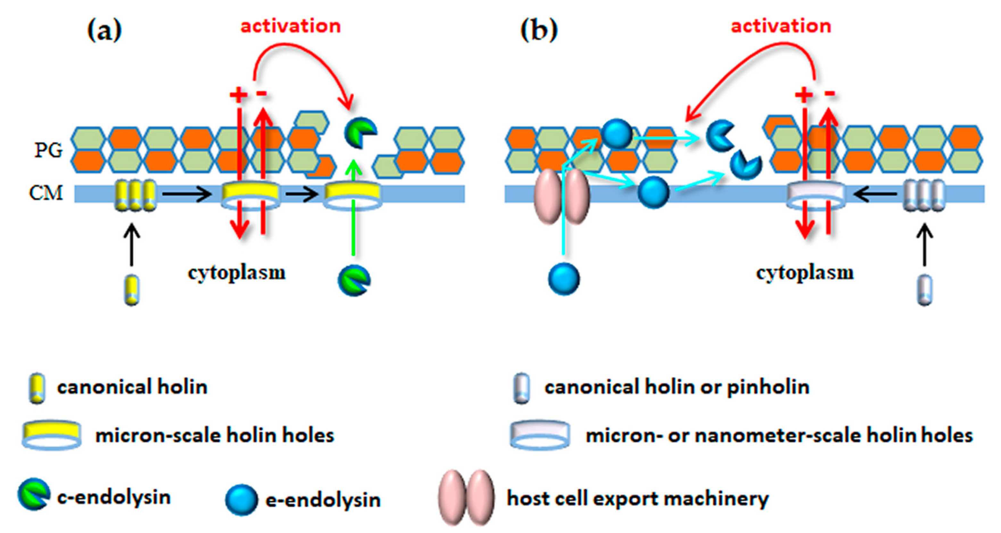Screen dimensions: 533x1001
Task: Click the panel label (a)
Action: [104, 30]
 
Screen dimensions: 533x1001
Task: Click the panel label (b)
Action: [539, 30]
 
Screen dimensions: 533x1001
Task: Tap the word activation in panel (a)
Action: [290, 26]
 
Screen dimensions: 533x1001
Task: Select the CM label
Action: [46, 193]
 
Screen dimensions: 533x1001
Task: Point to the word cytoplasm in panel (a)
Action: [237, 273]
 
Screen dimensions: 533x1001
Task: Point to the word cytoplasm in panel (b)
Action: [805, 273]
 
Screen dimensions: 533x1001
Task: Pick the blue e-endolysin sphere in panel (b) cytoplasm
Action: [564, 279]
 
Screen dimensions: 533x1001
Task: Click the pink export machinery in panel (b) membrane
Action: [562, 197]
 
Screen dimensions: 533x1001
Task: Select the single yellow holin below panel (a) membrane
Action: [132, 290]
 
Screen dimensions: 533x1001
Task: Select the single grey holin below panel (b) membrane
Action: [924, 290]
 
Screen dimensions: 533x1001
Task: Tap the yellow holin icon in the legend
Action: [37, 388]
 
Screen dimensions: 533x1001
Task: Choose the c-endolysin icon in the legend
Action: [34, 494]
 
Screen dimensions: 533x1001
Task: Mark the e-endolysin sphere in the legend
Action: [241, 500]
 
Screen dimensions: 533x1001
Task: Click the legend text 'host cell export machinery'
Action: [638, 499]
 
